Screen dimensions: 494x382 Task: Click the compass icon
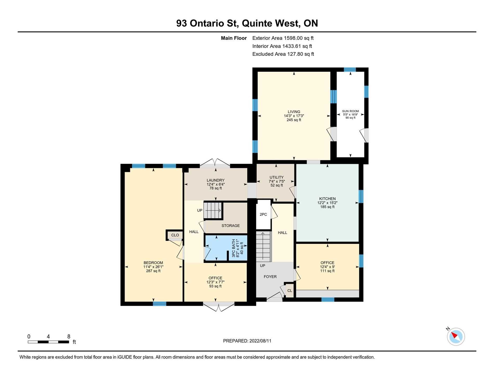coord(456,337)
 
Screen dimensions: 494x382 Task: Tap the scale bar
coord(48,342)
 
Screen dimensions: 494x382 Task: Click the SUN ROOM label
coord(350,111)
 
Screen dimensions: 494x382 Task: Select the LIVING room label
coord(294,112)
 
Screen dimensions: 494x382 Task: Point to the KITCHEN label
coord(327,199)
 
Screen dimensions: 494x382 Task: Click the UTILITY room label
coord(276,177)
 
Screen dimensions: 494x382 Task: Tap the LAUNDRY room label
coord(216,180)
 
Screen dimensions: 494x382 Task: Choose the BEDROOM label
coord(153,263)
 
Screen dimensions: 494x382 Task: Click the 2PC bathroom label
coord(263,214)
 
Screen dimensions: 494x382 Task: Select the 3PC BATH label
coord(233,248)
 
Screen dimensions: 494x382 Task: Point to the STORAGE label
coord(231,226)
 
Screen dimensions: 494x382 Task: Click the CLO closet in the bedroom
coord(175,235)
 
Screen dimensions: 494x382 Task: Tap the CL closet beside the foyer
coord(290,290)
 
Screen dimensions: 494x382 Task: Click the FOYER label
coord(270,277)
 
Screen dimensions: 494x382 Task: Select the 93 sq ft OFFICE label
coord(215,278)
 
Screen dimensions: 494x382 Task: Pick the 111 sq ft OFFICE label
coord(327,263)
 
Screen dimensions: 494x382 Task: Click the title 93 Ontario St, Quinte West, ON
coord(247,23)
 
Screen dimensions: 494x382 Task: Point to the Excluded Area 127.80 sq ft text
coord(283,54)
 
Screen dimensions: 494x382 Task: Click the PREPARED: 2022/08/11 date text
coord(247,341)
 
